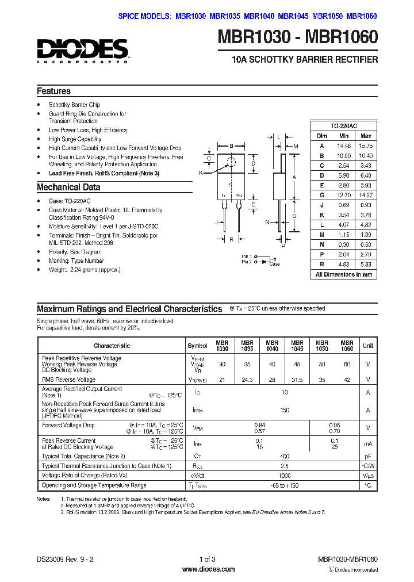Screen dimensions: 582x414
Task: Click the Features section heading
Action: click(53, 91)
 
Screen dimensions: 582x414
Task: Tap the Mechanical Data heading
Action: click(68, 187)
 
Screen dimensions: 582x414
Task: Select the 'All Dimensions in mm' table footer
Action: click(344, 274)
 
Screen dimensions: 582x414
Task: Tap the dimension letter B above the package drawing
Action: click(231, 145)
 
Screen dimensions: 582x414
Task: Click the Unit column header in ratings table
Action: click(368, 346)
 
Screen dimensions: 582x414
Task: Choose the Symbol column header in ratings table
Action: click(197, 346)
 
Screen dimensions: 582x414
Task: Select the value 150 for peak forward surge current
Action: click(284, 411)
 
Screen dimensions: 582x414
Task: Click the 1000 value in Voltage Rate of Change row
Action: click(284, 476)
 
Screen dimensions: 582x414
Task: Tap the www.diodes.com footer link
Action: click(207, 569)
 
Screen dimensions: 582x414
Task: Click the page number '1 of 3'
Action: click(207, 559)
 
